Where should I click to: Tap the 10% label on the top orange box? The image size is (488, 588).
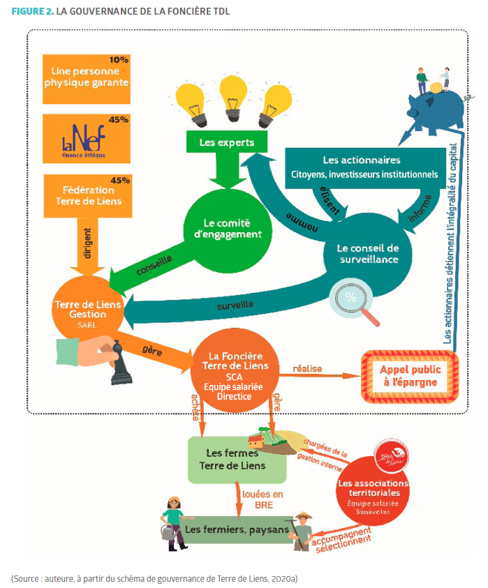point(119,60)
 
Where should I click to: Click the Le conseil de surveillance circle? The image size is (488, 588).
point(367,254)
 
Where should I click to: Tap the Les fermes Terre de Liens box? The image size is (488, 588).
point(237,460)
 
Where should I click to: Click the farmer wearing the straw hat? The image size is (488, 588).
point(302,532)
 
